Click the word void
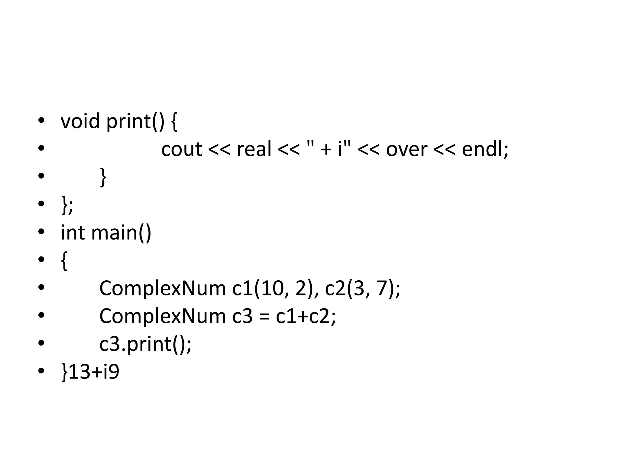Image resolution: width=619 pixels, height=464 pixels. tap(80, 121)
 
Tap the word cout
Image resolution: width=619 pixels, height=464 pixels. tap(181, 149)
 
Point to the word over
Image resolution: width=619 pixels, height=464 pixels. tap(407, 150)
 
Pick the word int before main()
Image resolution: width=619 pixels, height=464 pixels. tap(73, 233)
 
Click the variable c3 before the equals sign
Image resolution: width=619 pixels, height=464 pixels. tap(242, 317)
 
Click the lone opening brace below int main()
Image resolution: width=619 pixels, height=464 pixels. tap(64, 260)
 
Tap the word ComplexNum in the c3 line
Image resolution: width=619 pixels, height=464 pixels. tap(162, 317)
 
